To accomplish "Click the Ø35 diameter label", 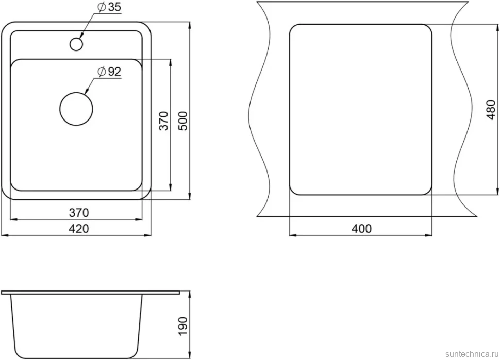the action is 109,7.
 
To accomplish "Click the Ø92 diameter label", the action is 109,72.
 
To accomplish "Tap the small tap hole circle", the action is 76,44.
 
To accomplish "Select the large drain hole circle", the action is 76,109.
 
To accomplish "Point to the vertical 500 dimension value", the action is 184,121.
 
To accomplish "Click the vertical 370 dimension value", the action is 163,121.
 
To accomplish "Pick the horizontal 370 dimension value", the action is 79,213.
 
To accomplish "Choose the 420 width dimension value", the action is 79,229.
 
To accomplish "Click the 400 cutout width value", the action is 362,229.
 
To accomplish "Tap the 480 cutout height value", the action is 491,110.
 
